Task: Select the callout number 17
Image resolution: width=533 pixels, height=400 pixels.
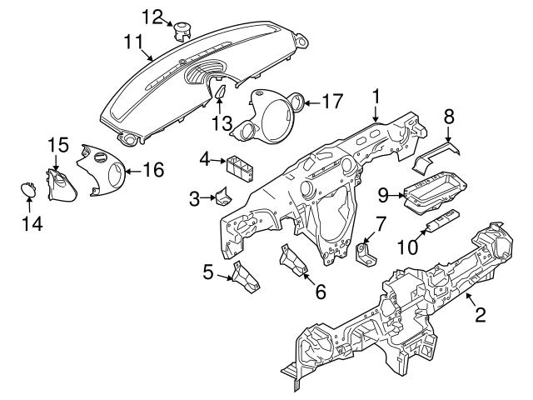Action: tap(332, 103)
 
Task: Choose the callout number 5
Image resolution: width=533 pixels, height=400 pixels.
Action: tap(209, 271)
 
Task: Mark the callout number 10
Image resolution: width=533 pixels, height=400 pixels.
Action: tap(407, 247)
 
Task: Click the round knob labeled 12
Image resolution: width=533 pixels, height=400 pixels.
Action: tap(182, 31)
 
